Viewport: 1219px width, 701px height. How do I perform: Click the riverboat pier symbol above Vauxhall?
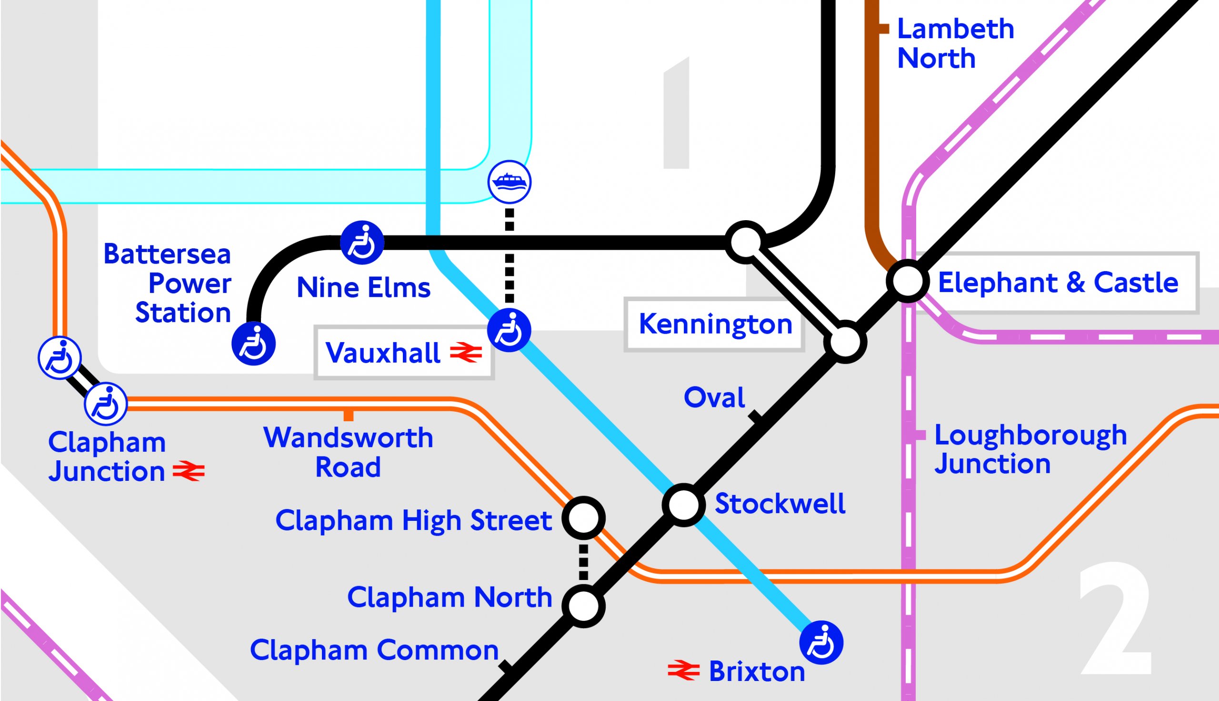[x=510, y=182]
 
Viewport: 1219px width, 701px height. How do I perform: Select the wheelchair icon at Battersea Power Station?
[x=253, y=344]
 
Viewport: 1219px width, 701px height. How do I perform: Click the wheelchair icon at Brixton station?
[x=821, y=643]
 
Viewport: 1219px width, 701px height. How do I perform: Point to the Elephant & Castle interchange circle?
[x=907, y=281]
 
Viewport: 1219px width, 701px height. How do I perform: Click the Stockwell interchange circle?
[x=684, y=505]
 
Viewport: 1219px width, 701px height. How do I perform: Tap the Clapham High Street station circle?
[x=583, y=518]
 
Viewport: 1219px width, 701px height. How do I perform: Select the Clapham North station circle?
[x=583, y=606]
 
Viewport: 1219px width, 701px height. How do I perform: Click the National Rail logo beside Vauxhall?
[x=466, y=353]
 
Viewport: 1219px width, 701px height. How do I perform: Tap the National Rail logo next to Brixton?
[x=684, y=670]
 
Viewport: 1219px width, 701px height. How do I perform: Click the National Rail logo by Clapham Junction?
[x=189, y=471]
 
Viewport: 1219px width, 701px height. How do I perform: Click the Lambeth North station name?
[x=955, y=43]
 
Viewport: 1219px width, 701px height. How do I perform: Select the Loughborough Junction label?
[x=1030, y=450]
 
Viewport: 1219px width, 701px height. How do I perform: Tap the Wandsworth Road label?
[x=348, y=452]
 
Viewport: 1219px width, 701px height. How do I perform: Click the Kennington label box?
[x=715, y=324]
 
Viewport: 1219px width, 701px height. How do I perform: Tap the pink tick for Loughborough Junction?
[x=919, y=435]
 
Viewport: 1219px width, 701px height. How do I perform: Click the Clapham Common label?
[x=374, y=650]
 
